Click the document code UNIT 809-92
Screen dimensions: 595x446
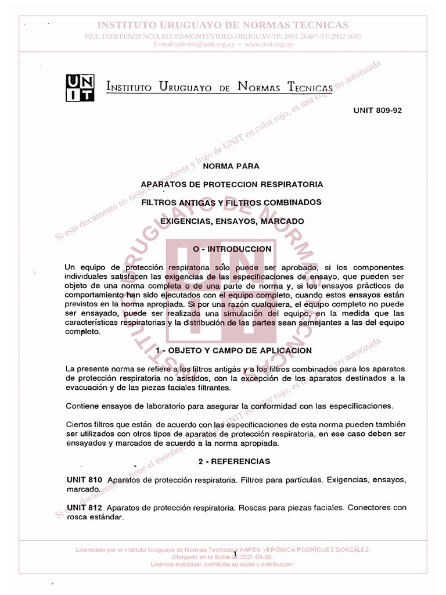point(377,110)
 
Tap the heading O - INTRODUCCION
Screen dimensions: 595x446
point(232,249)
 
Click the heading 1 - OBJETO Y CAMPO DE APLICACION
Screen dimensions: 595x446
point(233,350)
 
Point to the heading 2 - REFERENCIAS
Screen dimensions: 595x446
point(233,461)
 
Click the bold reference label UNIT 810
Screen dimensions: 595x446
point(85,480)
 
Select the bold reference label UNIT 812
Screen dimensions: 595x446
point(85,507)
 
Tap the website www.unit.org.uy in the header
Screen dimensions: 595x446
point(269,44)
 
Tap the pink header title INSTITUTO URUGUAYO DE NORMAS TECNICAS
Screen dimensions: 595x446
point(223,25)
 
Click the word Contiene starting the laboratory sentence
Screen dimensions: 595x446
point(82,405)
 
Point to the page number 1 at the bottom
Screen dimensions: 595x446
point(235,555)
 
